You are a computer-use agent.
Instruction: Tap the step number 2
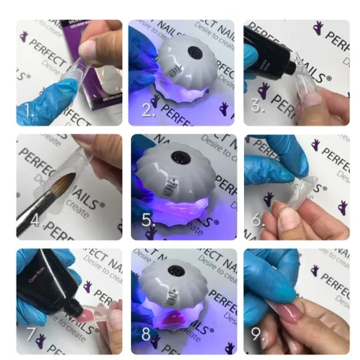click(147, 111)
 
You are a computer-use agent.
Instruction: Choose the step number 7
click(30, 335)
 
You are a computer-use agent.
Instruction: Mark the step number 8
click(147, 335)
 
